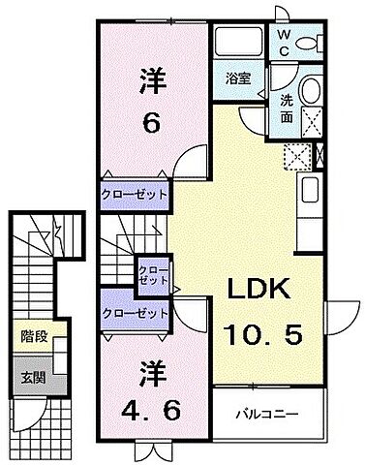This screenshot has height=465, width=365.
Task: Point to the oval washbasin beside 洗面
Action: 310,92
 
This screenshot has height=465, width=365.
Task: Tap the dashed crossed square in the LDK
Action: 296,155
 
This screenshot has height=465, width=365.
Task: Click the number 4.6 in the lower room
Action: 150,398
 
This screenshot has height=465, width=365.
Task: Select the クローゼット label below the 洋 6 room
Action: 136,195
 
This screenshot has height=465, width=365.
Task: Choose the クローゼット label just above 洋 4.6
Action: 136,313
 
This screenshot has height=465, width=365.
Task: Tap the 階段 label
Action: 35,339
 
